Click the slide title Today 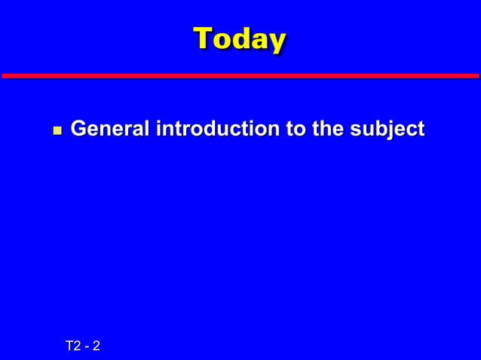(240, 38)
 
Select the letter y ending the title (277, 41)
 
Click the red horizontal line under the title (240, 75)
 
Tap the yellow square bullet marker (54, 131)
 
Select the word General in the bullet (110, 130)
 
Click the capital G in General (78, 130)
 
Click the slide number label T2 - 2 (84, 346)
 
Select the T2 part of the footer (73, 346)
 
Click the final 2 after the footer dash (97, 346)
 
